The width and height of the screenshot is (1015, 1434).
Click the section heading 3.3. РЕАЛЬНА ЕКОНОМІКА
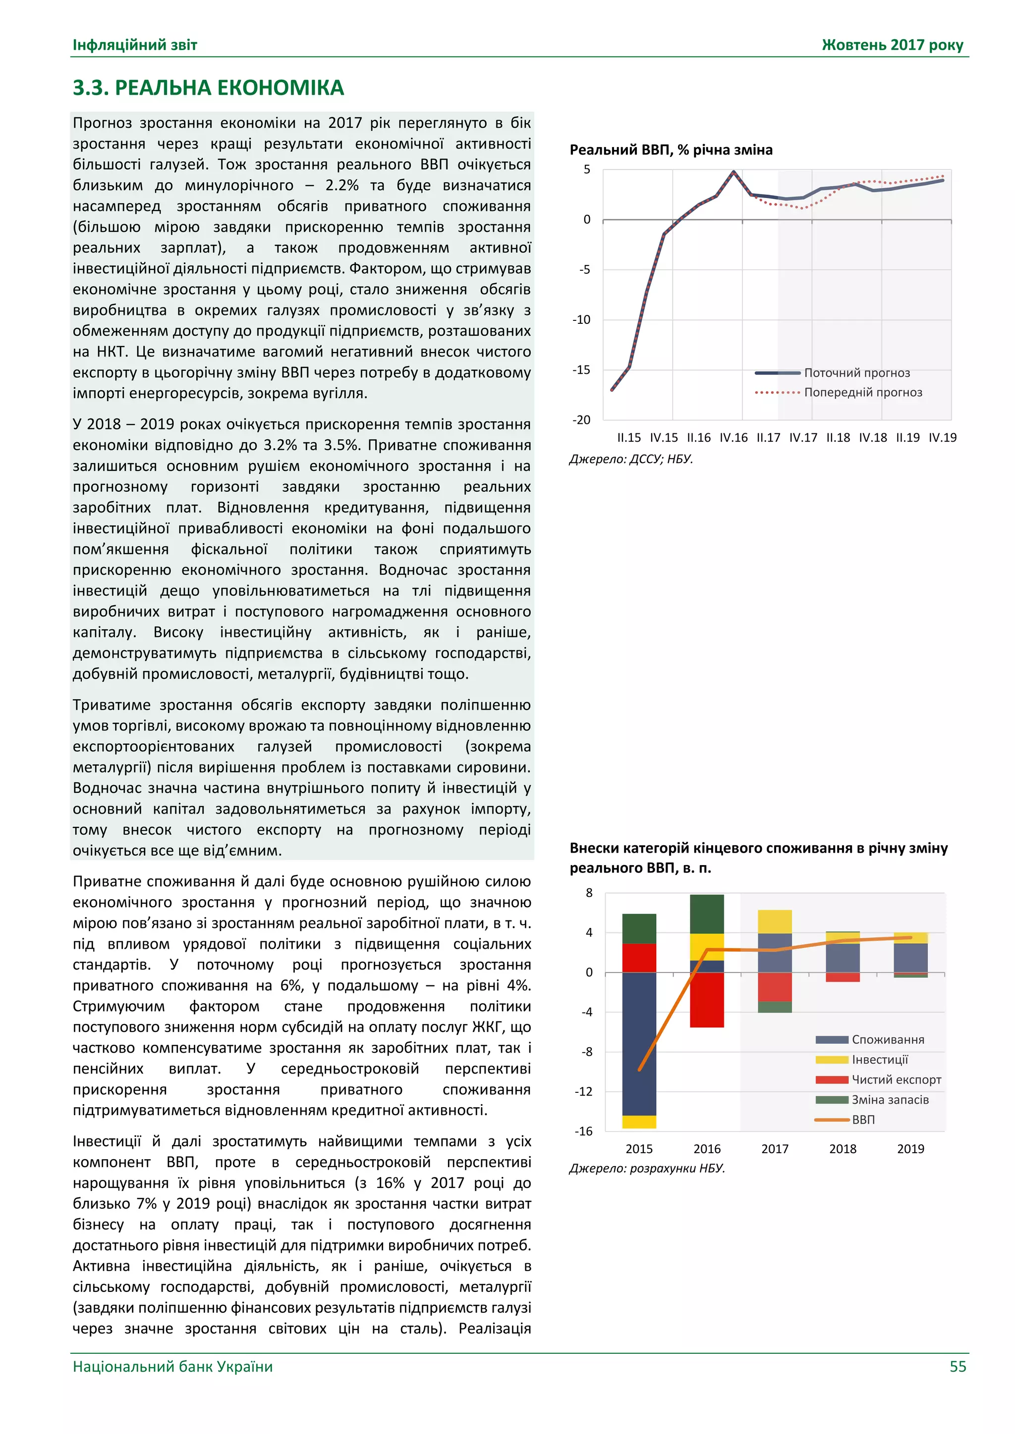click(208, 88)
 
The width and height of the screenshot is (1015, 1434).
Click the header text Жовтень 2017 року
click(892, 45)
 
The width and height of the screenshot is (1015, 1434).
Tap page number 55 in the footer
click(958, 1366)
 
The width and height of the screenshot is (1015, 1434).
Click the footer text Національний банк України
click(172, 1366)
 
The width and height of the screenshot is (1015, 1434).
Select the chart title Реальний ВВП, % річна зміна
click(671, 150)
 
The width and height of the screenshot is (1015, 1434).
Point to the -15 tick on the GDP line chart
click(581, 370)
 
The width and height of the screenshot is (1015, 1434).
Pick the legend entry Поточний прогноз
click(856, 373)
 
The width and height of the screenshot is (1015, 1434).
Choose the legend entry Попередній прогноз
click(862, 392)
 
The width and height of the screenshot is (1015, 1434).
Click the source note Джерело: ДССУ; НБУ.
click(630, 459)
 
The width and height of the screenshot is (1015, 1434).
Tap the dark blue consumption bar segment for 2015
click(639, 1043)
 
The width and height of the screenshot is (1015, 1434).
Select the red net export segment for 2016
click(707, 999)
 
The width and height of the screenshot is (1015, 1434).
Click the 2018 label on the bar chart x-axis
click(842, 1149)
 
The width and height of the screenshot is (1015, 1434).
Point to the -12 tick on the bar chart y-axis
click(583, 1092)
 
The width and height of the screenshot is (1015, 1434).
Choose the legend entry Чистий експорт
click(896, 1079)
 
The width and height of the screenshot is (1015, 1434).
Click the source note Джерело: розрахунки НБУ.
click(647, 1168)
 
